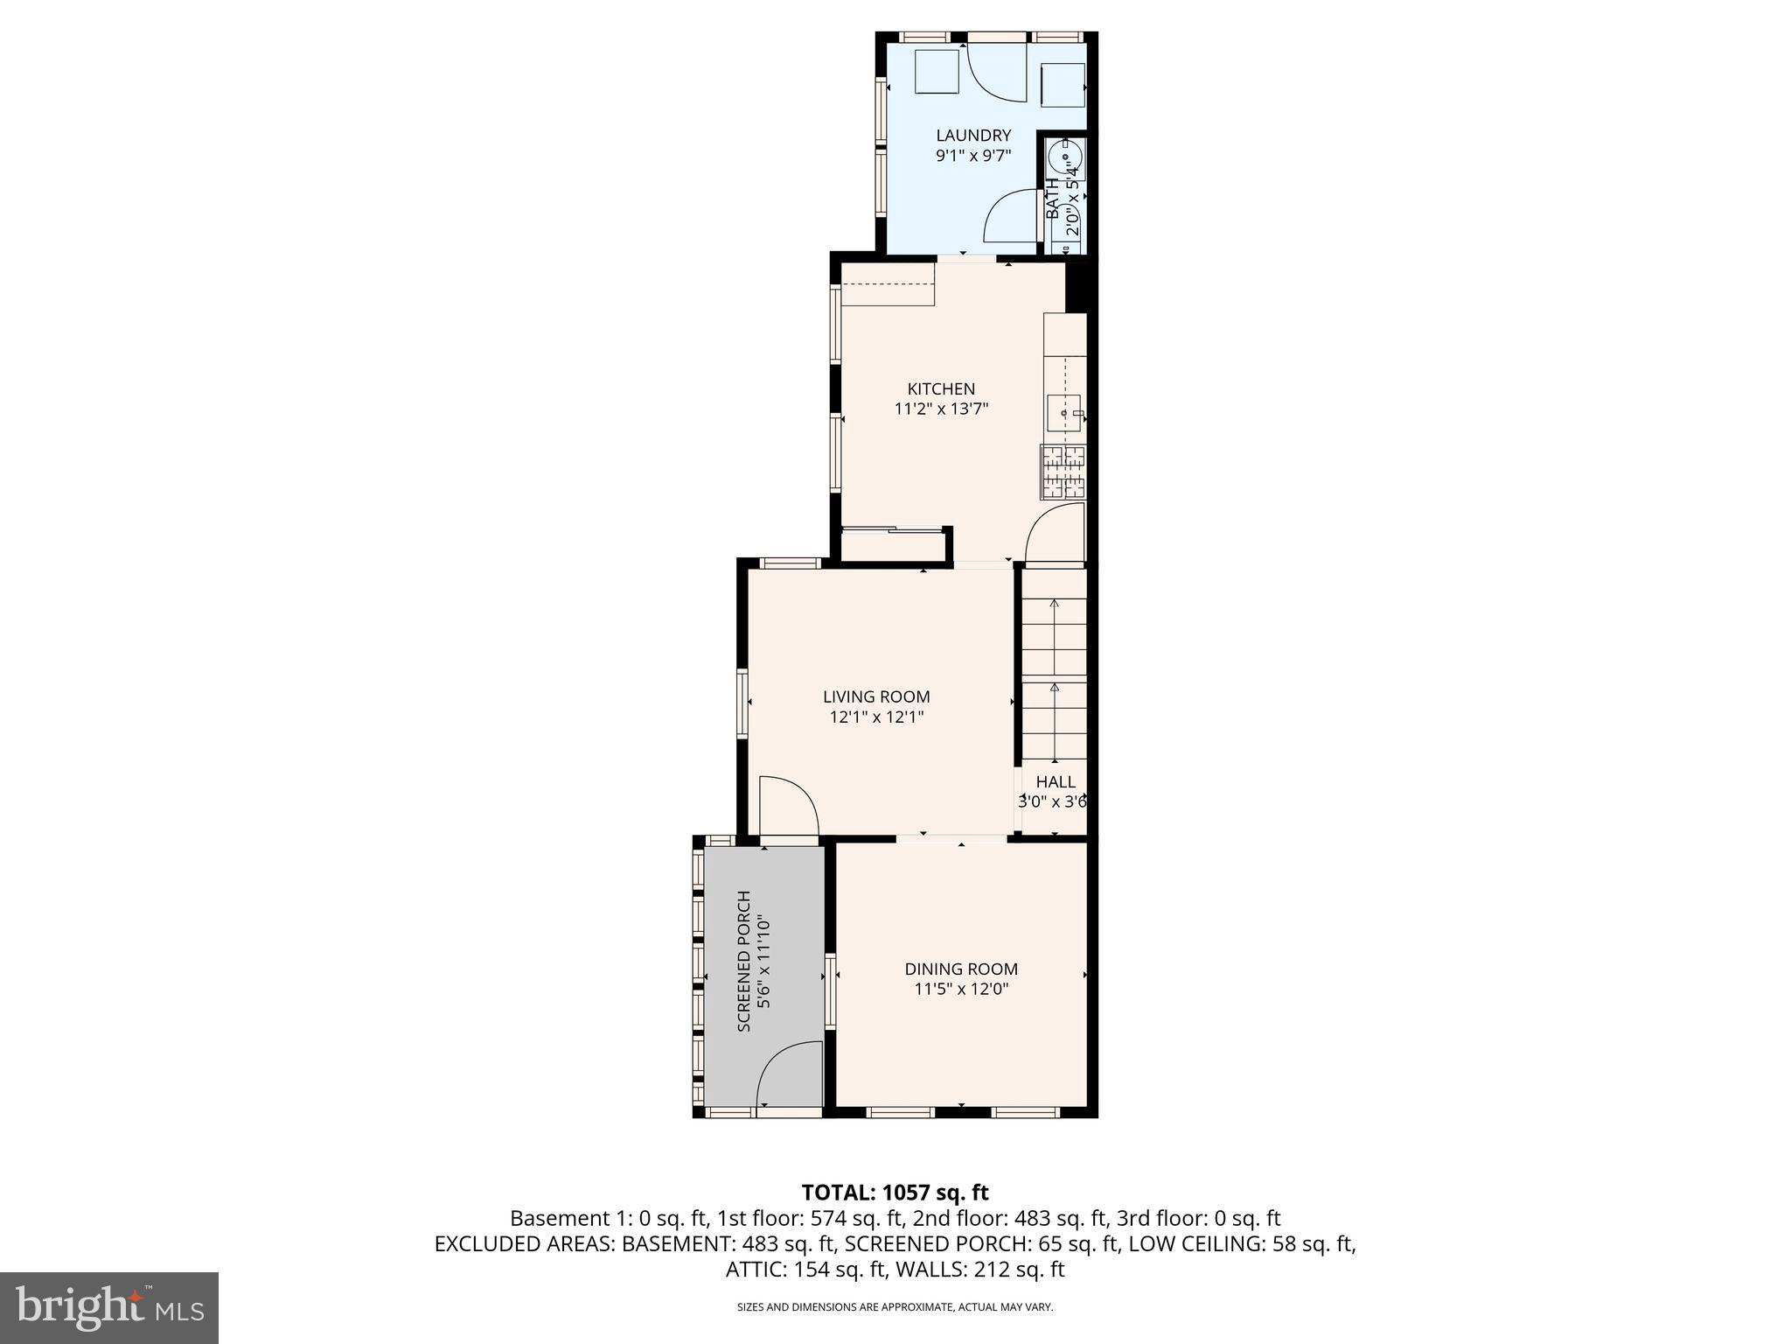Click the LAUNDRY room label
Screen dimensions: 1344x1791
click(x=973, y=136)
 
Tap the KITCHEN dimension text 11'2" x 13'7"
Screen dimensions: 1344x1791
click(x=941, y=409)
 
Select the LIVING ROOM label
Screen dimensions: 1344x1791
click(x=876, y=696)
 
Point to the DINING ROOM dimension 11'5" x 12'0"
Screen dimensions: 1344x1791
click(x=960, y=989)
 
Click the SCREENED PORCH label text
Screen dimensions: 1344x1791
click(x=744, y=961)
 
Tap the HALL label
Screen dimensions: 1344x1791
click(x=1056, y=781)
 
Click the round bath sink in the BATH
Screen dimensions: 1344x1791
click(x=1065, y=158)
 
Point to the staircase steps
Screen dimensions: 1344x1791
click(x=1055, y=665)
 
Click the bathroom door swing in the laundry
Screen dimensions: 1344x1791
click(x=1012, y=217)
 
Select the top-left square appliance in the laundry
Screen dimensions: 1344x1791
click(x=937, y=72)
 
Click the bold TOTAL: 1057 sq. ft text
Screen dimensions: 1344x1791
click(x=895, y=1193)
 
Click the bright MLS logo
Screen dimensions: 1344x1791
click(x=109, y=1307)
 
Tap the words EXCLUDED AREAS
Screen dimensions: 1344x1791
click(x=524, y=1243)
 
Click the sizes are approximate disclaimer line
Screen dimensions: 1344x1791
click(x=895, y=1307)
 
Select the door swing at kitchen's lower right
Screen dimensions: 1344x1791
click(x=1056, y=536)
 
